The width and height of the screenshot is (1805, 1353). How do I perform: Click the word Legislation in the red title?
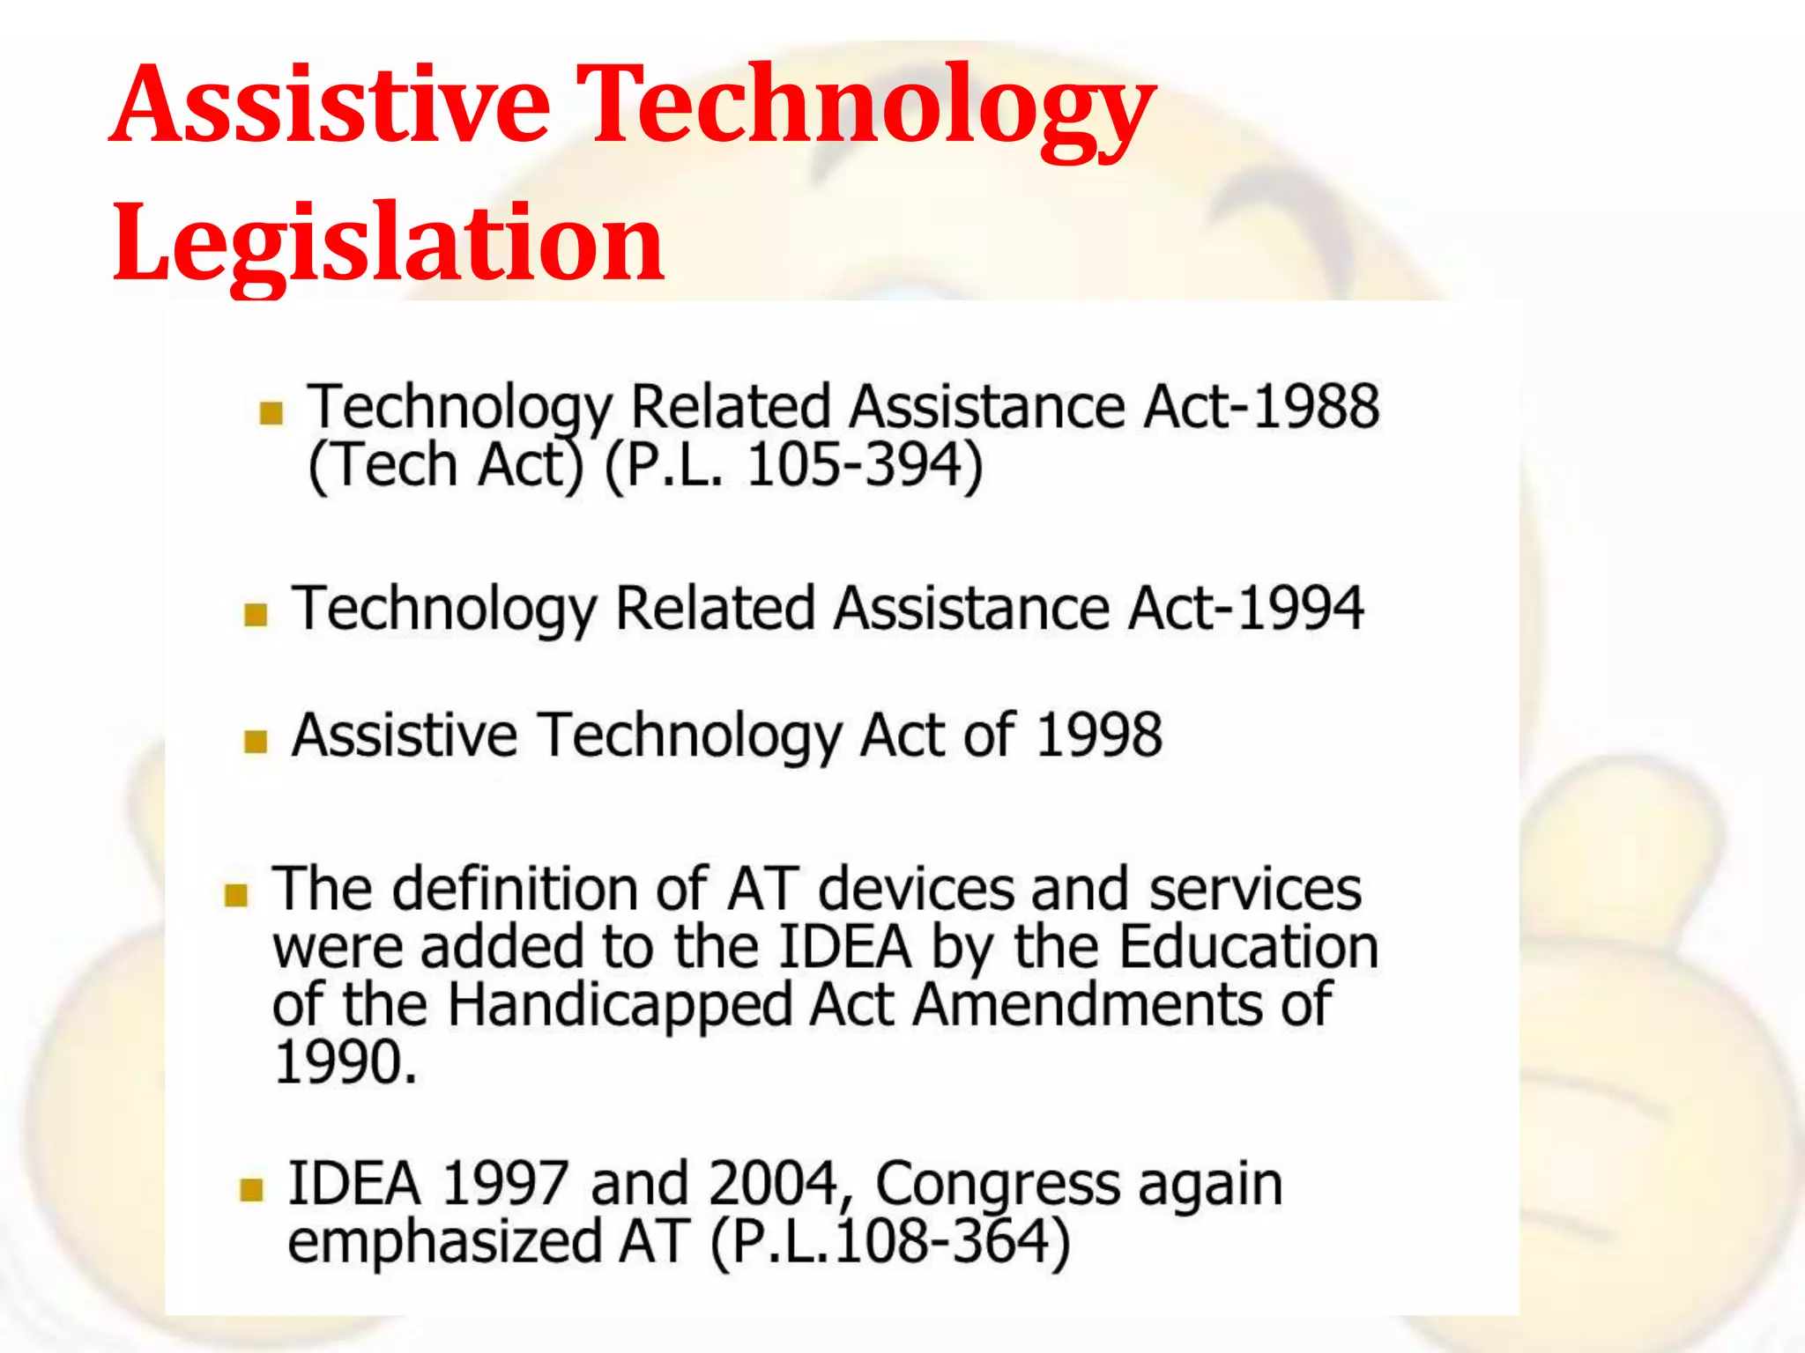tap(388, 243)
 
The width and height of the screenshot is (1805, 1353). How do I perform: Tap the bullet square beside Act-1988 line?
tap(271, 412)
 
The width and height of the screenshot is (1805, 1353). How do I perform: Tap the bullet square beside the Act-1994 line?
tap(256, 614)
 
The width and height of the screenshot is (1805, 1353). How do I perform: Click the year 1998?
tap(1098, 735)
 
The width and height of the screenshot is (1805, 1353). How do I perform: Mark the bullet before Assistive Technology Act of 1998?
tap(256, 741)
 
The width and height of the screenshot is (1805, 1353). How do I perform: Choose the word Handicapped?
tap(620, 1005)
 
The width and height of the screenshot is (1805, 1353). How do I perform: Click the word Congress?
tap(998, 1185)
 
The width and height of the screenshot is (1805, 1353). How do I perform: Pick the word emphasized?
tap(444, 1242)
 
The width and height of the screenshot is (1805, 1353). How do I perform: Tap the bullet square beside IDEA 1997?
tap(252, 1190)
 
